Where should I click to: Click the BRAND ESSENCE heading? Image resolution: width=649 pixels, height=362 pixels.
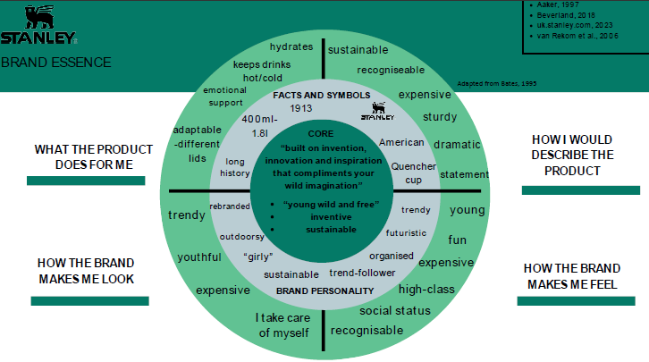pyautogui.click(x=56, y=63)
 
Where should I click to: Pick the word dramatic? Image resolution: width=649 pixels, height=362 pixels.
pyautogui.click(x=457, y=145)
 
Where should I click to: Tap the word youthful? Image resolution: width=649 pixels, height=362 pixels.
pyautogui.click(x=198, y=257)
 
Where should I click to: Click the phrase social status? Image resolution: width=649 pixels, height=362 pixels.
pyautogui.click(x=395, y=311)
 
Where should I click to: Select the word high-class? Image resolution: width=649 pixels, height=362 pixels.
pyautogui.click(x=426, y=289)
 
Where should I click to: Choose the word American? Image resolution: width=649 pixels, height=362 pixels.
pyautogui.click(x=400, y=142)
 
